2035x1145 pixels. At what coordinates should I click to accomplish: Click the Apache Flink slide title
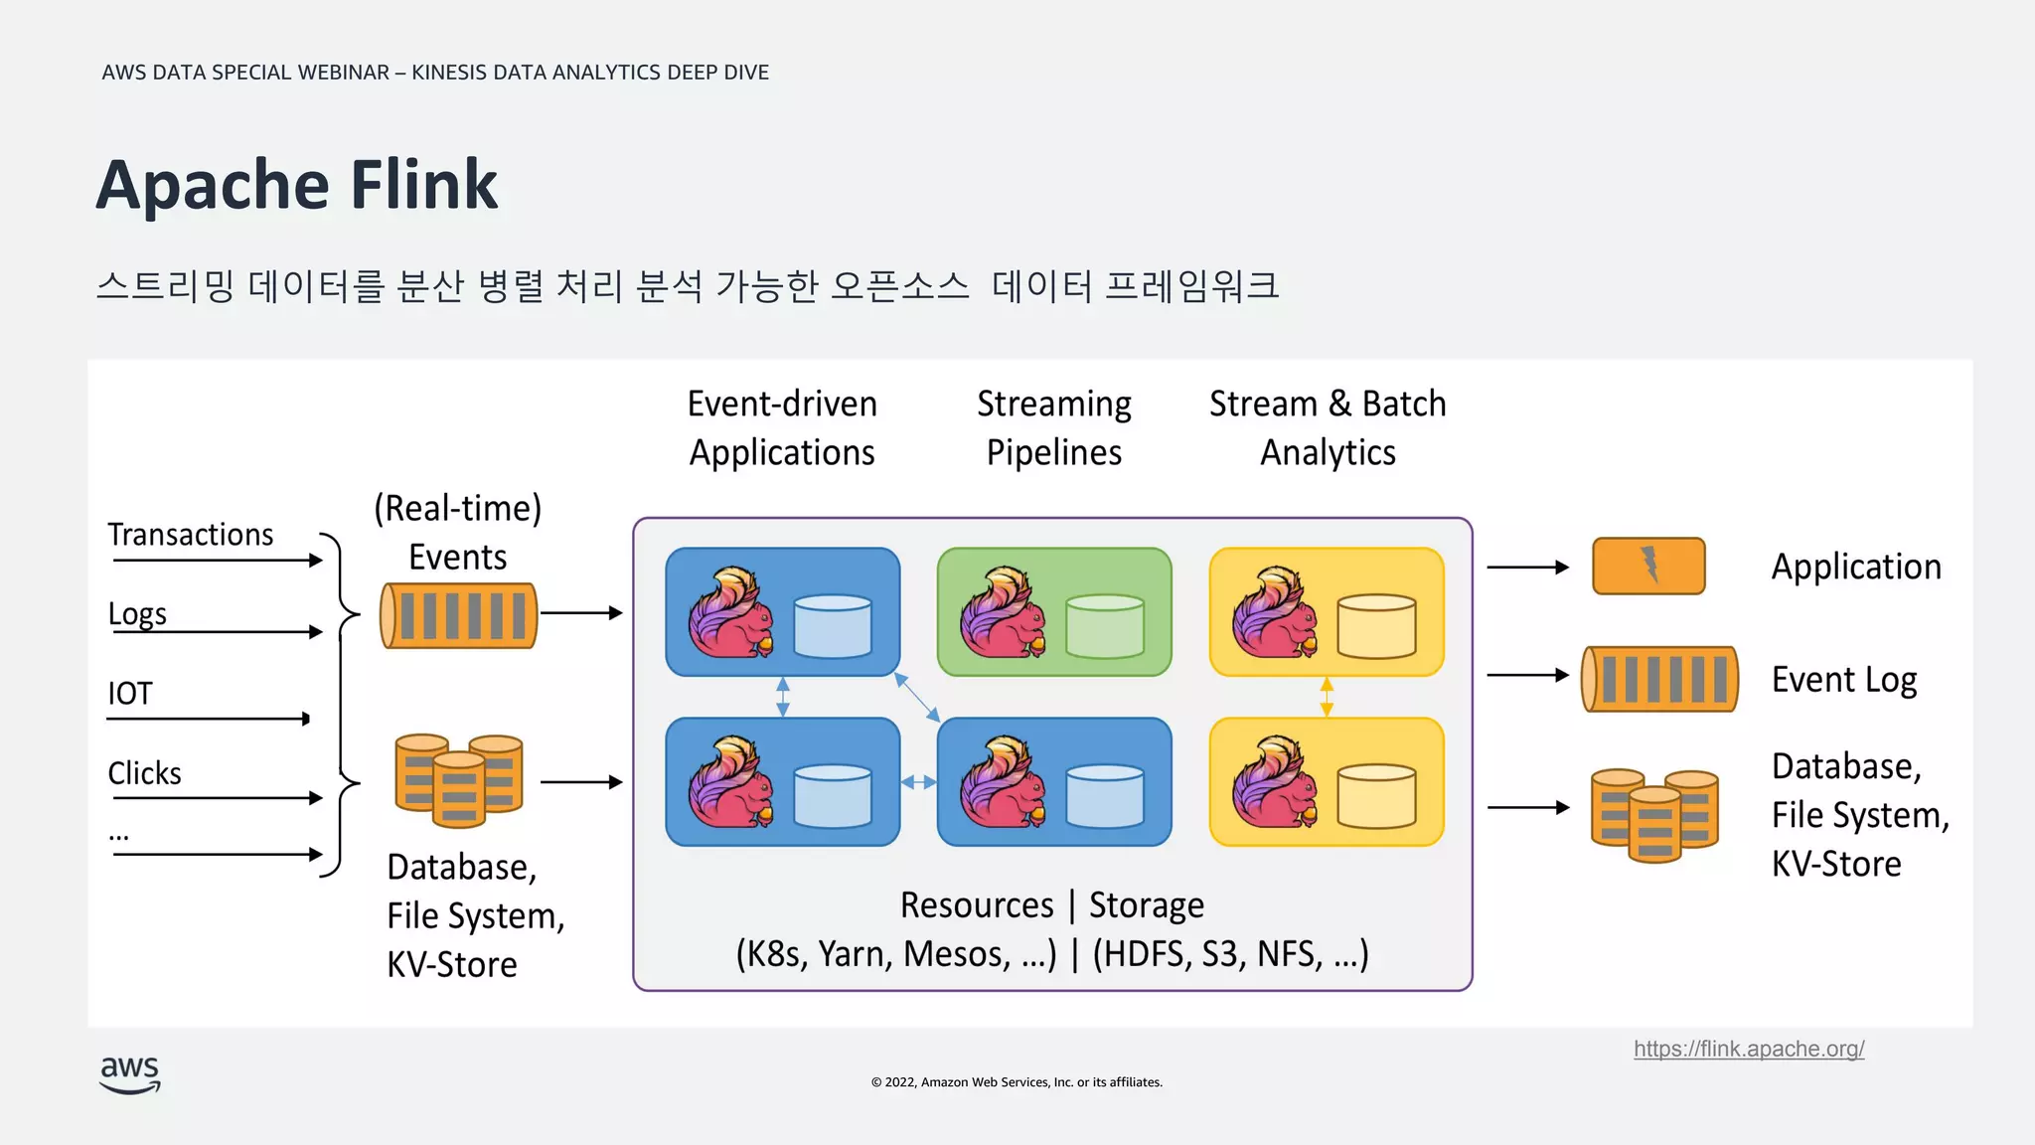click(x=296, y=185)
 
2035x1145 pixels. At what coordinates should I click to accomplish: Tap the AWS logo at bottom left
click(x=130, y=1074)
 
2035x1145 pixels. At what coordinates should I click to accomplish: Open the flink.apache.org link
click(x=1748, y=1049)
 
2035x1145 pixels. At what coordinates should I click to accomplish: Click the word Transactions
click(x=190, y=535)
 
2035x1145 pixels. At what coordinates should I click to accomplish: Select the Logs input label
click(x=137, y=614)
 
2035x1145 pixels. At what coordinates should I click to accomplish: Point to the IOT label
click(x=130, y=693)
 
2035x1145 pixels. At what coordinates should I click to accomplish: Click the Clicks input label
click(x=144, y=773)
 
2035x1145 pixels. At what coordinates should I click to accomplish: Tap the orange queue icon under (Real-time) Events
click(x=459, y=616)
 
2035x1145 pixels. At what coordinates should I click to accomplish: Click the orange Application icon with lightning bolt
click(x=1648, y=566)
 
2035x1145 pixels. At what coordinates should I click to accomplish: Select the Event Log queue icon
click(x=1659, y=679)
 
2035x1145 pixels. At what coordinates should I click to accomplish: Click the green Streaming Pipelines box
click(x=1054, y=611)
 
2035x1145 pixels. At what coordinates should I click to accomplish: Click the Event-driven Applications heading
click(x=782, y=427)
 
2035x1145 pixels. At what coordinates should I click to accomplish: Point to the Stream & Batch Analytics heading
click(x=1328, y=427)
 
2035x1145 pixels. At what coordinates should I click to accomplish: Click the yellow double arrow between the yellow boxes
click(x=1327, y=697)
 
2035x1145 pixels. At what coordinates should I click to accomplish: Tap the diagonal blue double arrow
click(x=917, y=697)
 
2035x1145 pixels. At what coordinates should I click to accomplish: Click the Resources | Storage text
click(x=1051, y=905)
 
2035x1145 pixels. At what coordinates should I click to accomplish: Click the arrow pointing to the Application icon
click(x=1527, y=567)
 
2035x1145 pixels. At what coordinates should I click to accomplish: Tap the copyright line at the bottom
click(x=1017, y=1082)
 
